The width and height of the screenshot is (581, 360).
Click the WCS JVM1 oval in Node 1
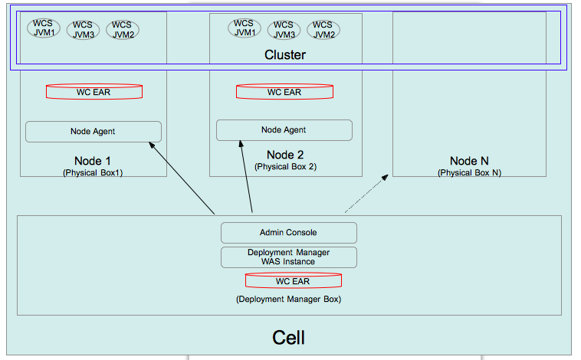click(x=44, y=28)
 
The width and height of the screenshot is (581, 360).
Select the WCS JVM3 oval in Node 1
click(x=83, y=30)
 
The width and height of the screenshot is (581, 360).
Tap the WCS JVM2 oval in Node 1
click(x=123, y=29)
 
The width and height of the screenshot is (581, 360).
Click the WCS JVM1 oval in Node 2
click(x=245, y=28)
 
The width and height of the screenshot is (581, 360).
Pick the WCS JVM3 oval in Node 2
click(x=284, y=30)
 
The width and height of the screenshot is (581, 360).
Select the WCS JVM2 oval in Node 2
click(x=323, y=29)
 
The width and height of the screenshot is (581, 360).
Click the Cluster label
click(x=284, y=55)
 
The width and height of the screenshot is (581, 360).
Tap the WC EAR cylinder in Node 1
click(x=94, y=92)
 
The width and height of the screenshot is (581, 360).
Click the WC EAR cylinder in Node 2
click(x=284, y=92)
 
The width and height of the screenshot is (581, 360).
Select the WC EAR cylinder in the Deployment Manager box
click(x=294, y=281)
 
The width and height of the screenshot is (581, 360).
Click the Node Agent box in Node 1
click(x=94, y=131)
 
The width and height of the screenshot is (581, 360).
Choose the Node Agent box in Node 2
click(x=284, y=130)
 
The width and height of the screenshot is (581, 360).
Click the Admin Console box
click(x=289, y=232)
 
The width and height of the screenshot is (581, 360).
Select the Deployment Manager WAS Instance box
click(x=289, y=257)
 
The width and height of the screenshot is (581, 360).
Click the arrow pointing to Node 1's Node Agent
click(x=182, y=177)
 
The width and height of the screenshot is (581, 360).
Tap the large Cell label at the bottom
click(x=289, y=338)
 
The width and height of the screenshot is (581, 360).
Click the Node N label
click(x=469, y=161)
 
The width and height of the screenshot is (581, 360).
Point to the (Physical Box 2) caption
click(x=285, y=166)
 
